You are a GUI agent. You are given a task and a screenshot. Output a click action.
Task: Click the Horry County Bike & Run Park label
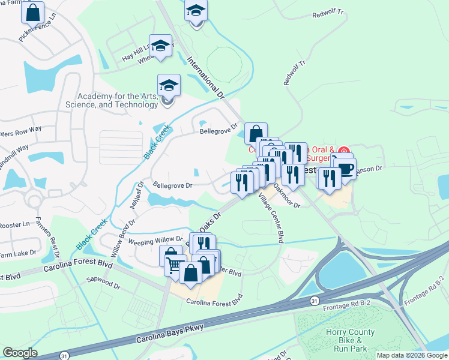pos(350,340)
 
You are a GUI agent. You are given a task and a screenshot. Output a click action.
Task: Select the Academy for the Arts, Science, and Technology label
pos(117,100)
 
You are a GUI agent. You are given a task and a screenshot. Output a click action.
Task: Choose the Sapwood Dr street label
pos(103,280)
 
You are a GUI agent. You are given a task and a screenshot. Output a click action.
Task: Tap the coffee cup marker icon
pos(345,169)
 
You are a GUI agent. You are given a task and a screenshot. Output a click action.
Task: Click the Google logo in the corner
pos(20,353)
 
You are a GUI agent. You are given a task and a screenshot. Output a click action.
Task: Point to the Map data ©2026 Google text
pos(412,355)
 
